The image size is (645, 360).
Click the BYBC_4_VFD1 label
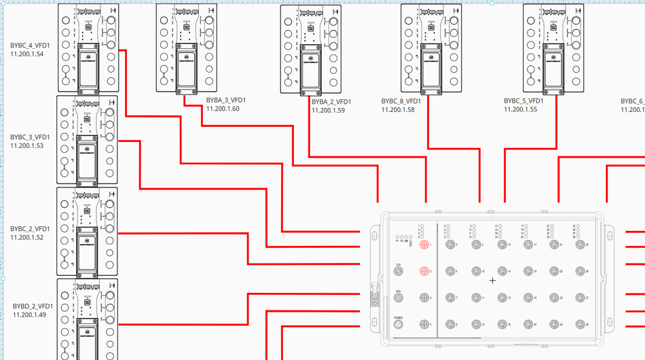coord(30,46)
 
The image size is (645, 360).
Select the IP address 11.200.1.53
coord(27,145)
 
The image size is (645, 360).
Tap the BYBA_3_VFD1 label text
coord(225,101)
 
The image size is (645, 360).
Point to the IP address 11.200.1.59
coord(329,110)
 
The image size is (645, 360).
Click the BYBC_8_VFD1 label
coord(401,101)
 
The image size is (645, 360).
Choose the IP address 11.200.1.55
coord(520,109)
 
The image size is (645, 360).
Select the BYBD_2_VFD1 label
coord(33,306)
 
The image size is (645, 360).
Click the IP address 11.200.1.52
coord(27,237)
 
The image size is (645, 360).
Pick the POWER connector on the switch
coord(399,325)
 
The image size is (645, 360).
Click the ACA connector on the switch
coord(399,298)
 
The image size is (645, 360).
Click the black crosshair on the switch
coord(493,280)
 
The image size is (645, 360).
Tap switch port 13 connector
coord(501,245)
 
